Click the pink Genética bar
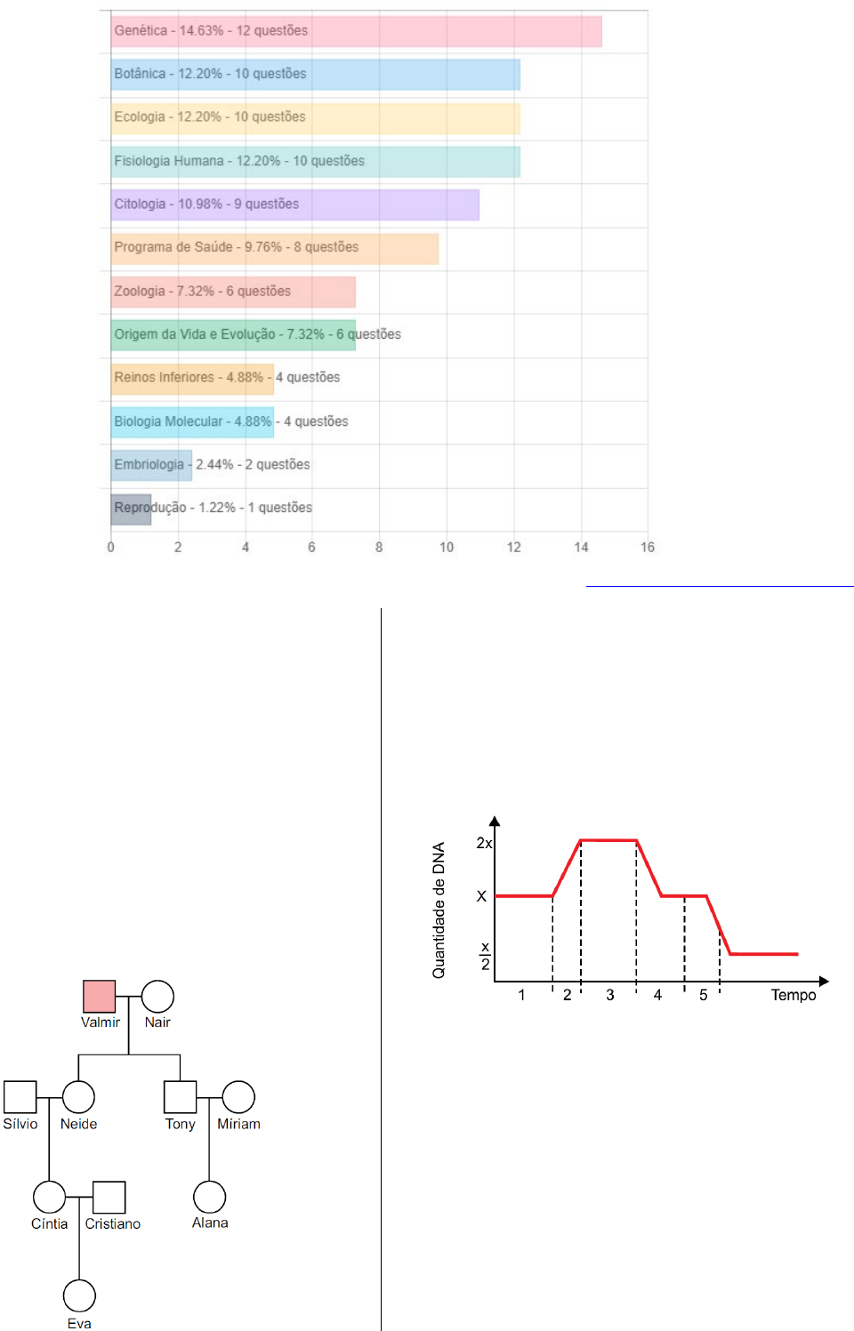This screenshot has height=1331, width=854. pos(356,31)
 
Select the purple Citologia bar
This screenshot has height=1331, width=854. pos(294,204)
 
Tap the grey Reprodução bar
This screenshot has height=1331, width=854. pos(131,509)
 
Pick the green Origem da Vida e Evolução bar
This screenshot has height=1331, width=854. pos(233,335)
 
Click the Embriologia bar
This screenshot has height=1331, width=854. pos(151,465)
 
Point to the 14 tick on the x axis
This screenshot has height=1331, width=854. pos(581,547)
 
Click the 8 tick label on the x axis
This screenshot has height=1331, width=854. pos(379,547)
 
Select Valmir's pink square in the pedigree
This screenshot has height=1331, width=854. pos(99,997)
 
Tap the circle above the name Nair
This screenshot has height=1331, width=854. pos(157,997)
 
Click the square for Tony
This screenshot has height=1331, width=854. pos(180,1097)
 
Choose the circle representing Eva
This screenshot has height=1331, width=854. pos(79,1295)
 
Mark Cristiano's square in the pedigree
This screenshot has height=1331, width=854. pos(109,1198)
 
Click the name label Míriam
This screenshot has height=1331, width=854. pos(238,1124)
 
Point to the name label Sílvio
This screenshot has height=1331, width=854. pos(20,1124)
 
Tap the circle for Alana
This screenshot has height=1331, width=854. pos(209,1197)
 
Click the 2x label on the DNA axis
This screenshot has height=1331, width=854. pos(484,843)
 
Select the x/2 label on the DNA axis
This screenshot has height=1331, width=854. pos(485,956)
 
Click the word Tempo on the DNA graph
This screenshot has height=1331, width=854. pos(793,995)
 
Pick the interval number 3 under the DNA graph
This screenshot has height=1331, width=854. pos(610,995)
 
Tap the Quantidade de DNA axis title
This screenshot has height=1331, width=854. pos(439,910)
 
